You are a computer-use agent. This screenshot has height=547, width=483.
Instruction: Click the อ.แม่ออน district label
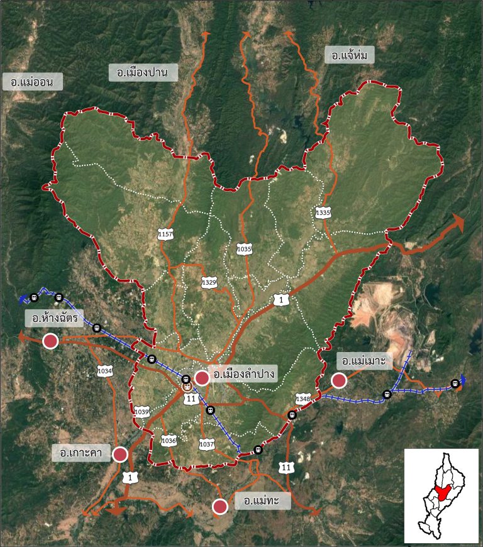[x=32, y=82]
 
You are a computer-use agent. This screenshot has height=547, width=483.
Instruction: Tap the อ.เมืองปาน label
[x=143, y=72]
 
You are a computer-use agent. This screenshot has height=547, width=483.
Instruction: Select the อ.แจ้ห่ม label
[x=350, y=56]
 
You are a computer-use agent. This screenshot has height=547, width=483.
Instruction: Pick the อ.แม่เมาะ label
[x=365, y=361]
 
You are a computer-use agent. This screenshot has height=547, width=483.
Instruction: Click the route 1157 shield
[x=165, y=234]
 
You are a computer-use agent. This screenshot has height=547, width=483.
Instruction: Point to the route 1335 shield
[x=323, y=213]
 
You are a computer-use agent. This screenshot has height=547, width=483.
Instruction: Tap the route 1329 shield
[x=209, y=282]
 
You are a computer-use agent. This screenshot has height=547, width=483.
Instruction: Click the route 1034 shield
[x=105, y=371]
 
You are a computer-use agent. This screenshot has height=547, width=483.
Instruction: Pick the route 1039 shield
[x=142, y=412]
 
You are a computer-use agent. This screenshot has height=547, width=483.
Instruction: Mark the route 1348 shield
[x=304, y=399]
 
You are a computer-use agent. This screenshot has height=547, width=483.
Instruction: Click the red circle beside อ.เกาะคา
[x=120, y=454]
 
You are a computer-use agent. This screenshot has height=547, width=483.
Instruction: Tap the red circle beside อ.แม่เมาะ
[x=340, y=380]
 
